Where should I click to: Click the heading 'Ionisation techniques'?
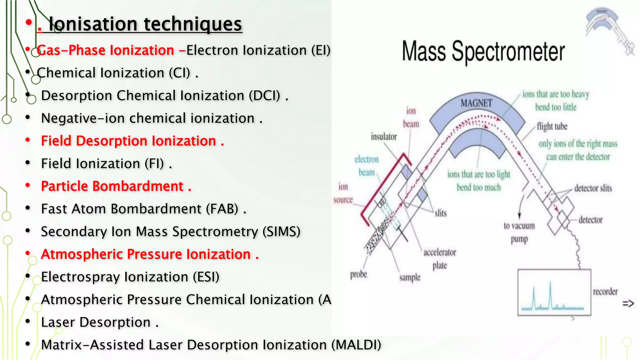coord(145,24)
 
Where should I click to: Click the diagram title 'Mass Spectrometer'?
coord(483,52)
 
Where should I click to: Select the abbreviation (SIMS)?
coord(282,232)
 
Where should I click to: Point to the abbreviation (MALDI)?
coord(356,345)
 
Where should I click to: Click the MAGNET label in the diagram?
coord(476,103)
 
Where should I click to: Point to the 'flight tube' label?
coord(552,127)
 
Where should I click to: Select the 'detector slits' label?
coord(593,188)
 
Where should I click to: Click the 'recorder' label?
coord(605,292)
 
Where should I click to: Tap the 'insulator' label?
coord(384,137)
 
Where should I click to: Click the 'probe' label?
coord(358,274)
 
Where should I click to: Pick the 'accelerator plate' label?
coord(440,259)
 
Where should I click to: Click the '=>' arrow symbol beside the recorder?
coord(628,303)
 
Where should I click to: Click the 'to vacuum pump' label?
coord(519,232)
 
